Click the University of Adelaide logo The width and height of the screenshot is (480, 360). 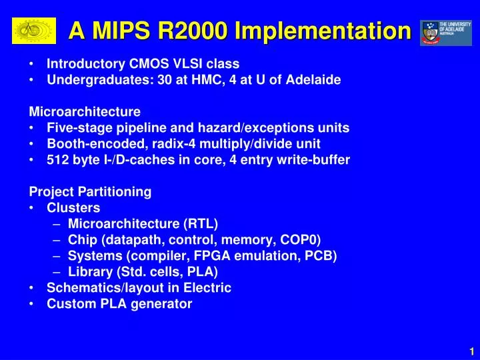tap(445, 32)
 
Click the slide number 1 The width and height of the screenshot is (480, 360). tap(471, 352)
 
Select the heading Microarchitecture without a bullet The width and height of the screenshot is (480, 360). tap(85, 111)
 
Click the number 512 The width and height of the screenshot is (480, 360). tap(57, 160)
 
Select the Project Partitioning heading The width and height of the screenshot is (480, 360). tap(90, 192)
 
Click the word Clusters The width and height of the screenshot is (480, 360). tap(73, 208)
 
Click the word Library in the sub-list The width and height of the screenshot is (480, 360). tap(88, 272)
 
